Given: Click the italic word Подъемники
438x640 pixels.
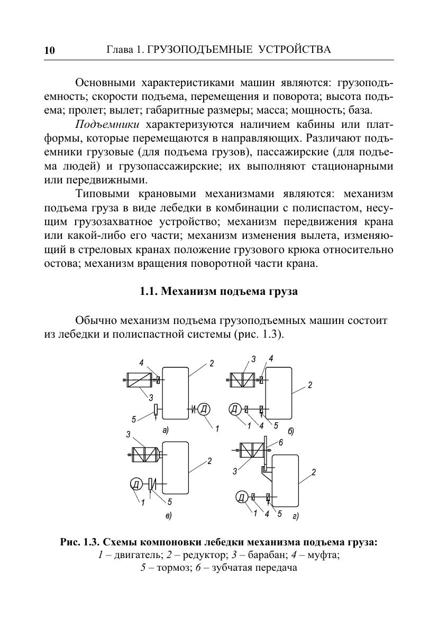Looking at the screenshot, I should pos(107,125).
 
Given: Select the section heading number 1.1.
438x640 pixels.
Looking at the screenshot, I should pos(149,291).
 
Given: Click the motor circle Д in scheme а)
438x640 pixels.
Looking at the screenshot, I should pos(204,409).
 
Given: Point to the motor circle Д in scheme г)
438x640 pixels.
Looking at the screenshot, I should pos(241,497).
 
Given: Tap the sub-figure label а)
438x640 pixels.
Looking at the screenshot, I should pos(165,430).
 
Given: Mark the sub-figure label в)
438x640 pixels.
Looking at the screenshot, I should pos(168,514).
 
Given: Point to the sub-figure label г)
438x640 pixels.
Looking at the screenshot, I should pos(295,515).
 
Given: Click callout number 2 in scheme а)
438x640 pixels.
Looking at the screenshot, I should pos(211,363).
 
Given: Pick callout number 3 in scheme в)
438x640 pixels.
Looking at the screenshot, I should pos(129,435).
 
